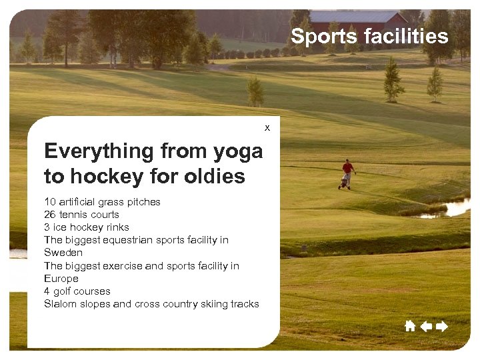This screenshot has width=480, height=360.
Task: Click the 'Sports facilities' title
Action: (x=369, y=37)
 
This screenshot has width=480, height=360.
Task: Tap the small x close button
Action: (x=267, y=127)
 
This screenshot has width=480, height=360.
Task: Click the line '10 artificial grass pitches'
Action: (x=102, y=202)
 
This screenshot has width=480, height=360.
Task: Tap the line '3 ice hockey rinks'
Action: (x=87, y=227)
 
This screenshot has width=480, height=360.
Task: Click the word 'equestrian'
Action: (x=134, y=240)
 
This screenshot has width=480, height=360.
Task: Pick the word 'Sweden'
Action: (x=63, y=253)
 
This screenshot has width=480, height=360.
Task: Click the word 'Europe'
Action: (x=61, y=279)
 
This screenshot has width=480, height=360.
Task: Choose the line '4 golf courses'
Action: (x=77, y=291)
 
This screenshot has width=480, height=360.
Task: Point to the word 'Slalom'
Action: (x=59, y=304)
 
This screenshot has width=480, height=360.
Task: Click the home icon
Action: (x=410, y=326)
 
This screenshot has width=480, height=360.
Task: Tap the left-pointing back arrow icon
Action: (x=426, y=326)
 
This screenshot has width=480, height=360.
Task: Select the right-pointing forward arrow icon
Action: (x=441, y=326)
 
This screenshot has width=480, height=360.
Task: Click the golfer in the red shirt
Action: (x=347, y=171)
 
